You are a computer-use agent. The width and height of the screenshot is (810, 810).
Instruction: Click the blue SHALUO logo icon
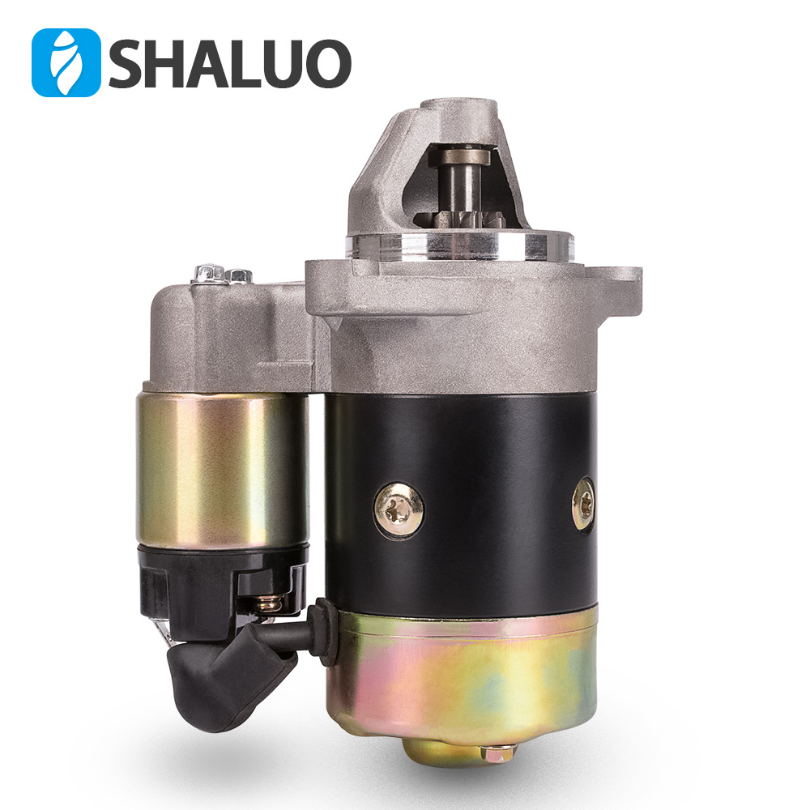point(66,62)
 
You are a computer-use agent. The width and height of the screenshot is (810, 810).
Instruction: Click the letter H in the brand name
point(173,63)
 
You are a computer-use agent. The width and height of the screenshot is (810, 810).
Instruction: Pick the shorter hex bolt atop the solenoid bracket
point(238,276)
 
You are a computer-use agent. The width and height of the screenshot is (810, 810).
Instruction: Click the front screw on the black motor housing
point(399,508)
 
